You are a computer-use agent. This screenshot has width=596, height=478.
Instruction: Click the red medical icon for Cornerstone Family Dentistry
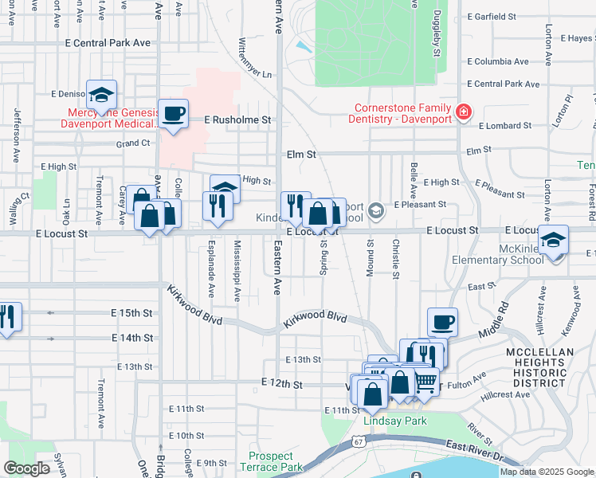[x=463, y=112]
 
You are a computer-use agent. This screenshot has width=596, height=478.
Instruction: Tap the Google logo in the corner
[x=26, y=468]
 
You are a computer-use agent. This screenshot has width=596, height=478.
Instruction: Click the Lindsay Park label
[x=394, y=421]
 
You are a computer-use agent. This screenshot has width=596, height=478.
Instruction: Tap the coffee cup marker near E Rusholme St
[x=173, y=113]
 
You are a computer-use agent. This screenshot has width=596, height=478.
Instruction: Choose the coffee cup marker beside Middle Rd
[x=442, y=322]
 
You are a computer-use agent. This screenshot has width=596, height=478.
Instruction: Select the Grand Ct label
[x=133, y=143]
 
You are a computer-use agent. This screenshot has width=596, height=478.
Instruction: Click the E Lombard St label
[x=504, y=126]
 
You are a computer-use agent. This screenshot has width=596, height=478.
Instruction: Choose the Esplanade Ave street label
[x=211, y=271]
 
